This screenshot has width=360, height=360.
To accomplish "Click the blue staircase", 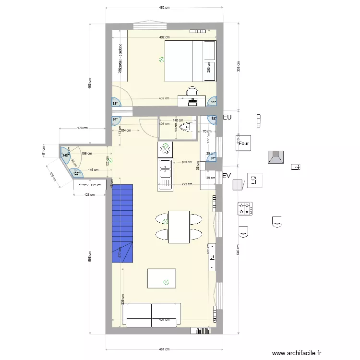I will pos(122,223).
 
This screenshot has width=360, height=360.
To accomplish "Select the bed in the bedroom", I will pos(190,61).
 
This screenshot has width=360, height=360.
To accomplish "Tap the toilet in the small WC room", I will pos(188,127).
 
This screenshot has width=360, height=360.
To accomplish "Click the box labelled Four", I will pos(244,143).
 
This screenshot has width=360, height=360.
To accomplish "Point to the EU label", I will pos(227,117).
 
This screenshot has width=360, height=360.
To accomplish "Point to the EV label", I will pos(227,176).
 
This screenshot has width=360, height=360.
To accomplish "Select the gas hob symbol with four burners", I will pos(245,208).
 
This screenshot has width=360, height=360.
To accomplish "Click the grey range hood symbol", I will pos(277,157).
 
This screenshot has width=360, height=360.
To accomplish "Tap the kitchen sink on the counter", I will pos(165,170).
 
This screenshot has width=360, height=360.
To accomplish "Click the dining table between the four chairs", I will pos(179,227).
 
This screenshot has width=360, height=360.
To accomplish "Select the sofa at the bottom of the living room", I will pos(152,314).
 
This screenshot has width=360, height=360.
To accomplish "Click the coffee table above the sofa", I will pos(161,278).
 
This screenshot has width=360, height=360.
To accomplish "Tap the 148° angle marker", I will pos(65,154).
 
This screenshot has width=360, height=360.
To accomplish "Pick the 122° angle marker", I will pos(76,174).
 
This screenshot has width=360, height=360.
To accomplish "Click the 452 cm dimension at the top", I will pos(164,8).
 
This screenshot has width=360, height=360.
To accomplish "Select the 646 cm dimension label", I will pos(238,250).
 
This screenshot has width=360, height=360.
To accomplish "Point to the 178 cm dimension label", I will pos(83,128).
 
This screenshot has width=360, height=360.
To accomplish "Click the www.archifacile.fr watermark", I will pos(296,353).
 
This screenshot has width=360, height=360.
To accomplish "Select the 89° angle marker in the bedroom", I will pos(115,103).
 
